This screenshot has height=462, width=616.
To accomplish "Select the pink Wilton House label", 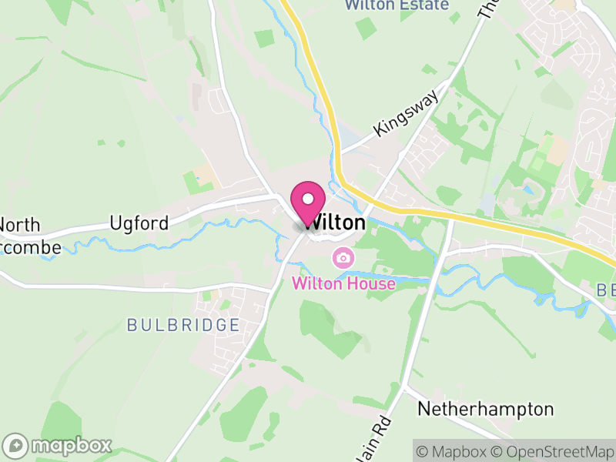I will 343,283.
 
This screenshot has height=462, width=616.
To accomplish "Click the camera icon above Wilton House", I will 343,257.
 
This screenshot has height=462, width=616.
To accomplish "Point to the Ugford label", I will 139,223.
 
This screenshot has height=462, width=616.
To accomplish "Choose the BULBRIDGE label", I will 183,325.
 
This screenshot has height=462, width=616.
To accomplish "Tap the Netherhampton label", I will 485,409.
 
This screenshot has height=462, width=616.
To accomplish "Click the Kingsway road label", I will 405,112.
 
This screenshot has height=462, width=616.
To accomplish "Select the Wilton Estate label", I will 397,5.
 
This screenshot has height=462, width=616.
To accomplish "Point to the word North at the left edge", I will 20,225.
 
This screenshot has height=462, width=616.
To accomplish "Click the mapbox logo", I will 59,445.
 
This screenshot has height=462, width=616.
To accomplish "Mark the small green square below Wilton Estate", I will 365,28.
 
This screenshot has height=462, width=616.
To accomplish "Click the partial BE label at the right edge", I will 605,291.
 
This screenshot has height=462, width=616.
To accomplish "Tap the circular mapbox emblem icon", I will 16,445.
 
